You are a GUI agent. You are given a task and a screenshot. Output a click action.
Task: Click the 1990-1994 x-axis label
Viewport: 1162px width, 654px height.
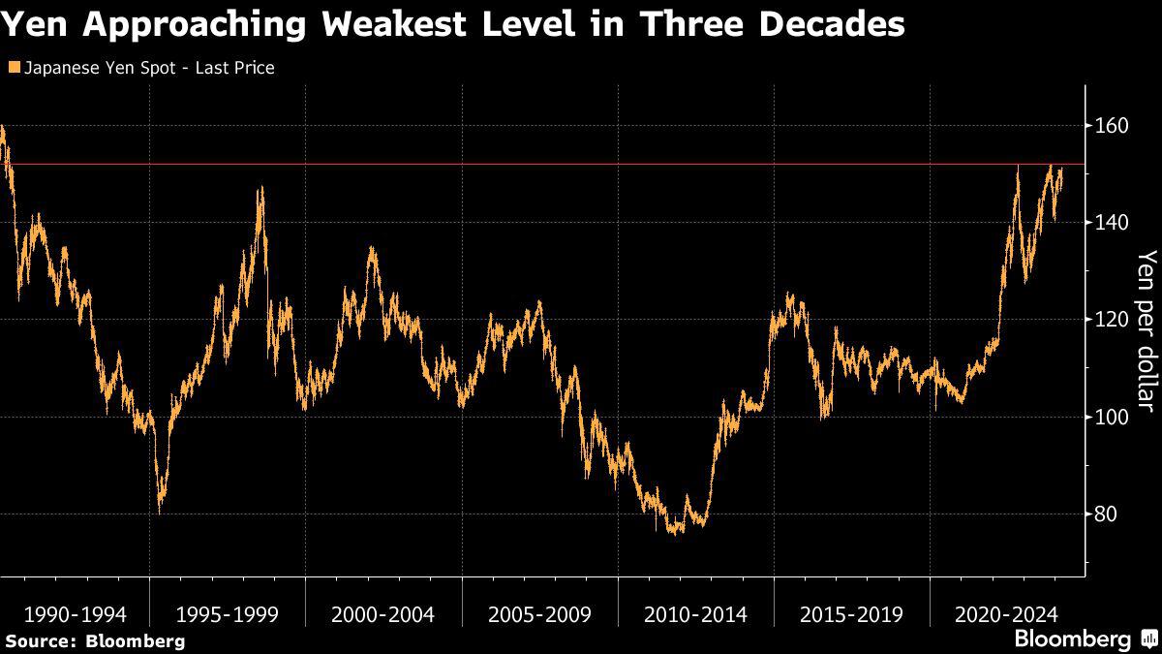(x=75, y=614)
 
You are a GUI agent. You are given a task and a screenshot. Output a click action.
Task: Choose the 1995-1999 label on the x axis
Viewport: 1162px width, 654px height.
(x=228, y=614)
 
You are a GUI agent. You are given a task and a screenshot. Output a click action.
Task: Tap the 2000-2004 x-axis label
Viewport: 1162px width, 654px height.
(x=382, y=614)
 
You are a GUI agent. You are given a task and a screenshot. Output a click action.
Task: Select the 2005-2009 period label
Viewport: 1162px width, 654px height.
(x=539, y=614)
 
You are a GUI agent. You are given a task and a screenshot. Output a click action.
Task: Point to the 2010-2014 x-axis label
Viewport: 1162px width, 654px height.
(x=695, y=614)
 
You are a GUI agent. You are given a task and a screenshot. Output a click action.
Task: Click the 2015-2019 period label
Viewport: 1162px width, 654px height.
(x=851, y=614)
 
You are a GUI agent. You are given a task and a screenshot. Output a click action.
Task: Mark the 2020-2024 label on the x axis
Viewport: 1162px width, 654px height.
(x=1007, y=614)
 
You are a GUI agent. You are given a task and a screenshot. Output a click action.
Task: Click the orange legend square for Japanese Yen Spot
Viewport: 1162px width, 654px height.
(x=12, y=68)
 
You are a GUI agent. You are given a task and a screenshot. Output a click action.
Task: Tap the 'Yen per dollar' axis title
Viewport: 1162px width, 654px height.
(x=1147, y=329)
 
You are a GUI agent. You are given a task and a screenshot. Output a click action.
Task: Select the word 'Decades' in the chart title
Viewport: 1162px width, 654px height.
(x=829, y=25)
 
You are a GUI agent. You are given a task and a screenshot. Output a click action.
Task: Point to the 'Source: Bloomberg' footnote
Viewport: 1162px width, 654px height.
(x=95, y=640)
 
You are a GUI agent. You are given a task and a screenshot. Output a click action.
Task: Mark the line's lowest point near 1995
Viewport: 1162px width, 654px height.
(x=159, y=512)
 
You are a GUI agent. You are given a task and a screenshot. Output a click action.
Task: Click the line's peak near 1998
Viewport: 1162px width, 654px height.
(x=260, y=188)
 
